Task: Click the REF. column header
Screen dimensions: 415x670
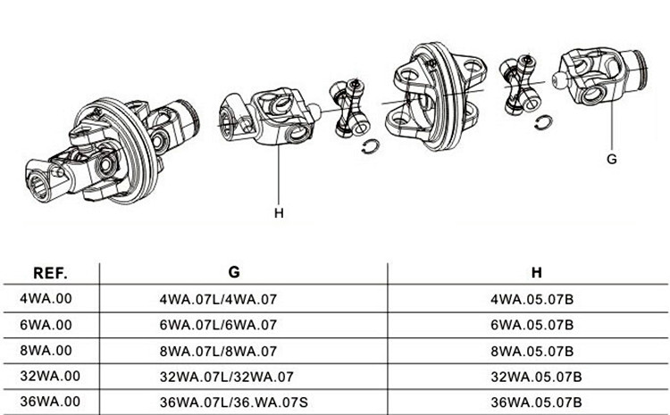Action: click(x=50, y=273)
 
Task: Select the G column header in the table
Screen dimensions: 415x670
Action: click(x=235, y=273)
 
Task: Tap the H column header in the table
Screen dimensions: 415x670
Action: click(x=536, y=273)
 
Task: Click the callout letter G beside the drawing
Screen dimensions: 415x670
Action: click(x=612, y=160)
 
